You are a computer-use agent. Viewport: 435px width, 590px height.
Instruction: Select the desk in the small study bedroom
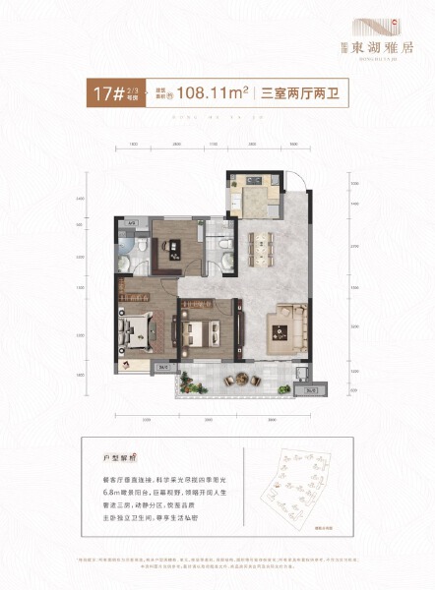[x=167, y=261]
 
